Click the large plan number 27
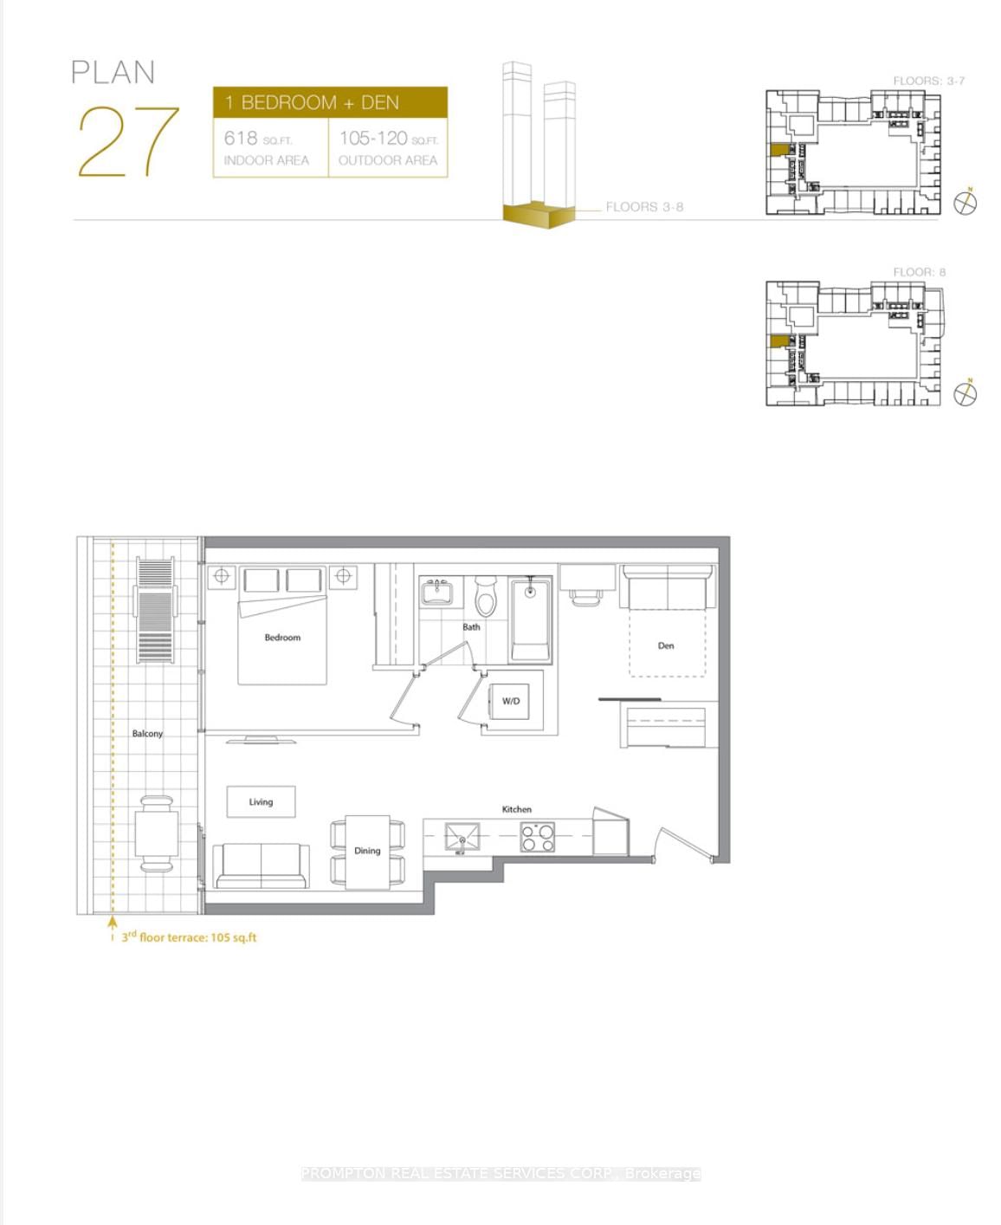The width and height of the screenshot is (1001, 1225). [x=128, y=141]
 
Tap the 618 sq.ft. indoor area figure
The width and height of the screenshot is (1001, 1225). [x=258, y=139]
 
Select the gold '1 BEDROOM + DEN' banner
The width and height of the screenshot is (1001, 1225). [x=330, y=102]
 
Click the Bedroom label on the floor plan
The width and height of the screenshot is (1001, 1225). [x=282, y=638]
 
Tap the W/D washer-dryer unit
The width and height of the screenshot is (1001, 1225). [x=512, y=701]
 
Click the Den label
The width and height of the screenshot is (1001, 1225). [x=666, y=645]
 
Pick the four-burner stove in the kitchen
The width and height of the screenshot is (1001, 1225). [x=538, y=837]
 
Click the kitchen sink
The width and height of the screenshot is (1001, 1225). [x=462, y=838]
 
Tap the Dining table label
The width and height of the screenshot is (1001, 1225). [x=367, y=851]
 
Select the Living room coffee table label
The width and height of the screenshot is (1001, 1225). [x=261, y=802]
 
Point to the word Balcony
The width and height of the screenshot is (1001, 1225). [x=147, y=734]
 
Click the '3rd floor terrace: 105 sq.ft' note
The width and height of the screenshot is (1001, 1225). [x=189, y=937]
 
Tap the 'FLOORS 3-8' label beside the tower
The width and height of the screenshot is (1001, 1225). [x=644, y=207]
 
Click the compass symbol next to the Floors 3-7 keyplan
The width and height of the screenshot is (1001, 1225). [x=965, y=203]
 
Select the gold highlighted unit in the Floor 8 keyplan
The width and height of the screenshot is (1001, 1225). [x=779, y=340]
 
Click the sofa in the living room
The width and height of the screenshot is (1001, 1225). [x=261, y=865]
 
